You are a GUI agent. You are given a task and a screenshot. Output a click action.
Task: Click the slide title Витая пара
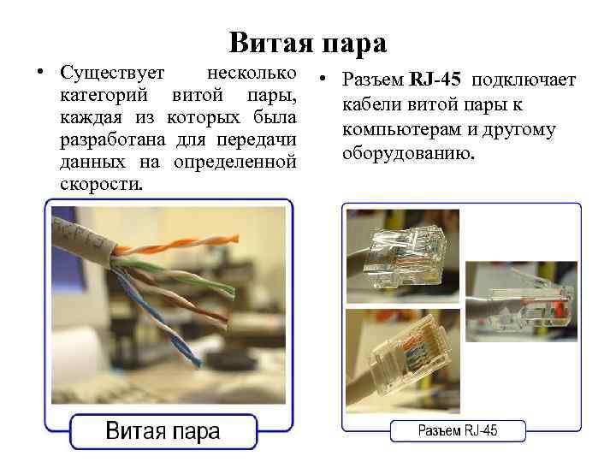pyautogui.click(x=308, y=42)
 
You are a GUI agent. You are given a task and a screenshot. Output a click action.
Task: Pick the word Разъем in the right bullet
pyautogui.click(x=372, y=80)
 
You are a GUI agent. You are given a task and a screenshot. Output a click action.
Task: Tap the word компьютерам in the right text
pyautogui.click(x=402, y=130)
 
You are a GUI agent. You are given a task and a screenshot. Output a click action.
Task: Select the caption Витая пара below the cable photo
pyautogui.click(x=163, y=430)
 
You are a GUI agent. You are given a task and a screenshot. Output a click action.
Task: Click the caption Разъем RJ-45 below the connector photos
pyautogui.click(x=457, y=430)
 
